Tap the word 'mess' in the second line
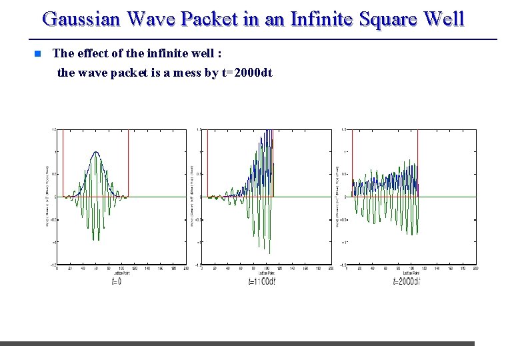tap(187, 73)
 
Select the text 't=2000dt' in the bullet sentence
tap(246, 73)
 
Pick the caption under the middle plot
tap(261, 281)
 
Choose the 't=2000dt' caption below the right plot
tap(406, 281)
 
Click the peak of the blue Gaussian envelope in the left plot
tap(97, 153)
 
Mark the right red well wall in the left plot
tap(128, 163)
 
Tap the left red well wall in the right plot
tap(352, 163)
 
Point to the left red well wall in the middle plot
tap(208, 163)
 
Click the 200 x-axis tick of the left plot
tap(186, 269)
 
